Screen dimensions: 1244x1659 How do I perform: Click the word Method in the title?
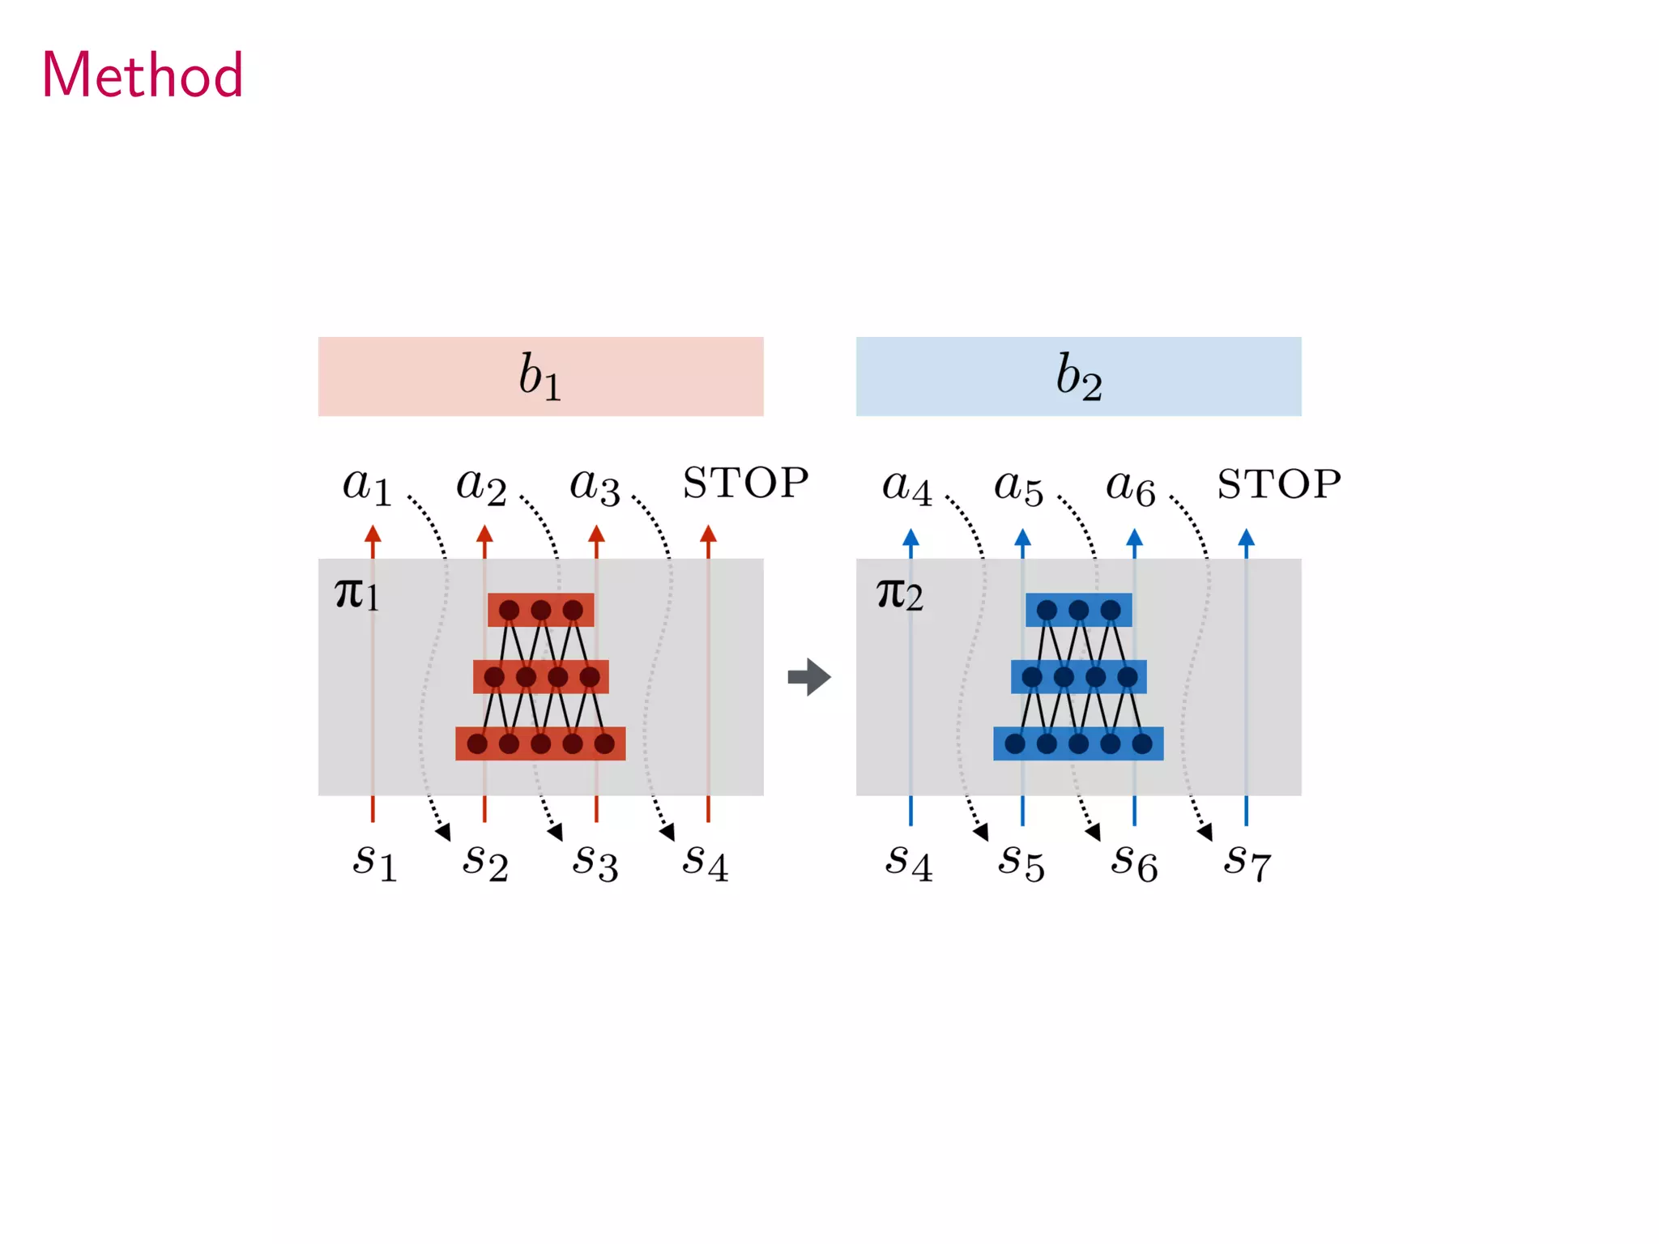coord(143,75)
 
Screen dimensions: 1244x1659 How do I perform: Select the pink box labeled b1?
coord(540,377)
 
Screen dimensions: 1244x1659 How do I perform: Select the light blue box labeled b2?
coord(1078,377)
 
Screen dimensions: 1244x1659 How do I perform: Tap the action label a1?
coord(367,487)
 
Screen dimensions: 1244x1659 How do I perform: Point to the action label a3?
coord(595,487)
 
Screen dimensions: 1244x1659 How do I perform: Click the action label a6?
coord(1131,488)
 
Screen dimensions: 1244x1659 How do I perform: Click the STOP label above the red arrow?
coord(745,484)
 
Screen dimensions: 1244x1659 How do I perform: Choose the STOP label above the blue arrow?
coord(1279,484)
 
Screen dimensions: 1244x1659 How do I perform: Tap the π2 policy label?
coord(899,594)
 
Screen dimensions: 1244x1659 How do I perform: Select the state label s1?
coord(375,862)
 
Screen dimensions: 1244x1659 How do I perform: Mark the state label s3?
coord(595,862)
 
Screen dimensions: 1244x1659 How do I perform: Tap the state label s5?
coord(1021,862)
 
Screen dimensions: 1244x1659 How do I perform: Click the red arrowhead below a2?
coord(484,534)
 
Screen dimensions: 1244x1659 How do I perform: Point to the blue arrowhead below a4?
coord(911,537)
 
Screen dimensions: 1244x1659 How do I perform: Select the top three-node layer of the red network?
coord(540,610)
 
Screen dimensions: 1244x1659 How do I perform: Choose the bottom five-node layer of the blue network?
coord(1078,743)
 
